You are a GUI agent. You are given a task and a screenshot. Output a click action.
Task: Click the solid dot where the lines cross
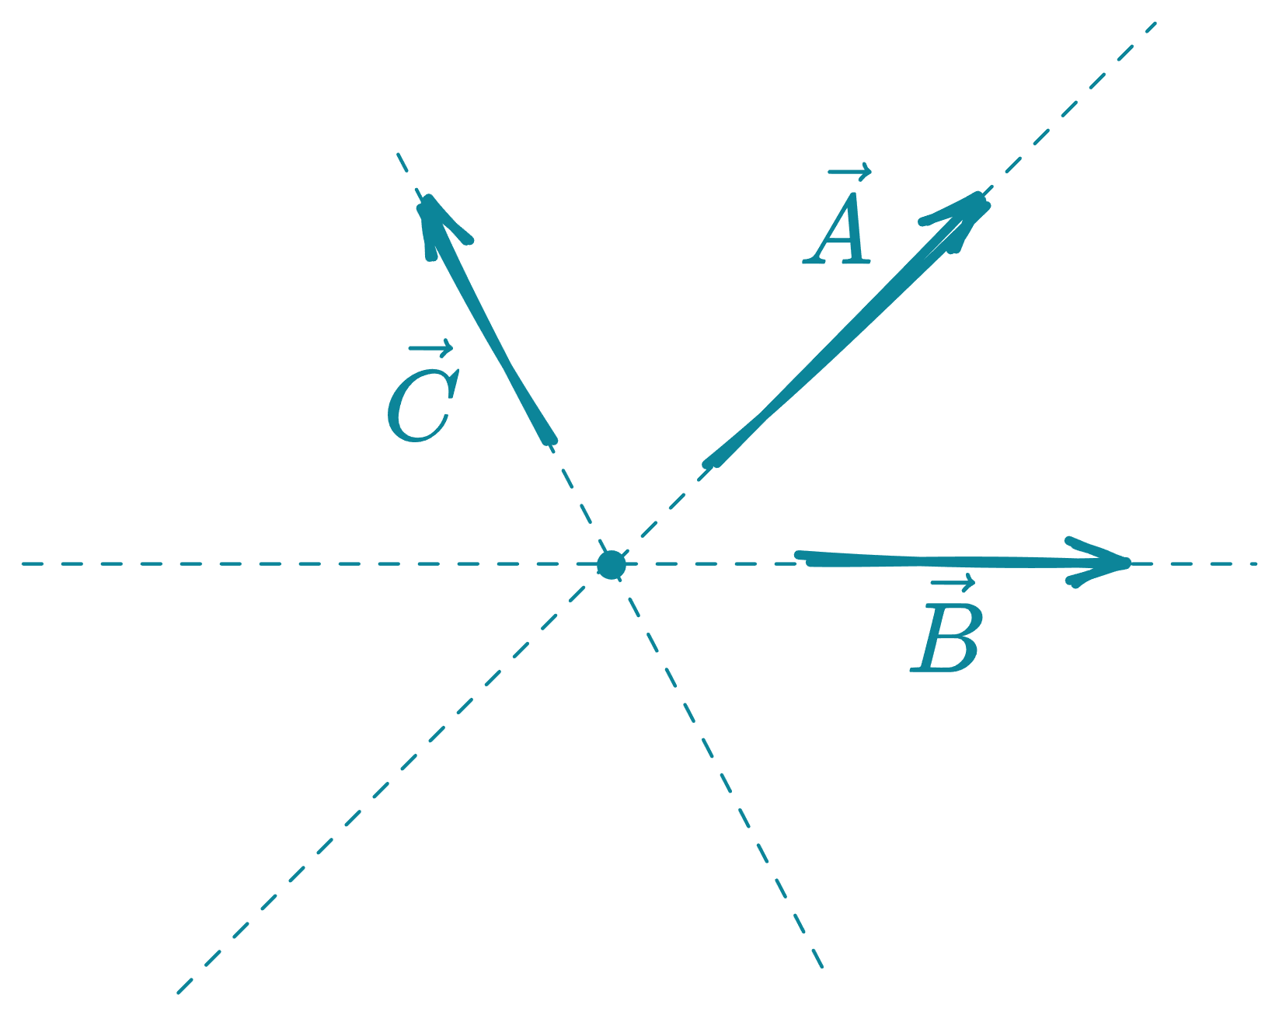pos(612,565)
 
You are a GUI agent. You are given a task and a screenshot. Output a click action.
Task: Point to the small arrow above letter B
pos(953,584)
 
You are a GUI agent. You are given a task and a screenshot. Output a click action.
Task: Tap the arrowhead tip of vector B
pos(1128,563)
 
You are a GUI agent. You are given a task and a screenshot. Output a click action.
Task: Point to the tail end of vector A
pos(709,465)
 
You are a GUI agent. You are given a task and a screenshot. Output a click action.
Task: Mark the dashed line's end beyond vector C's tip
pos(397,153)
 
